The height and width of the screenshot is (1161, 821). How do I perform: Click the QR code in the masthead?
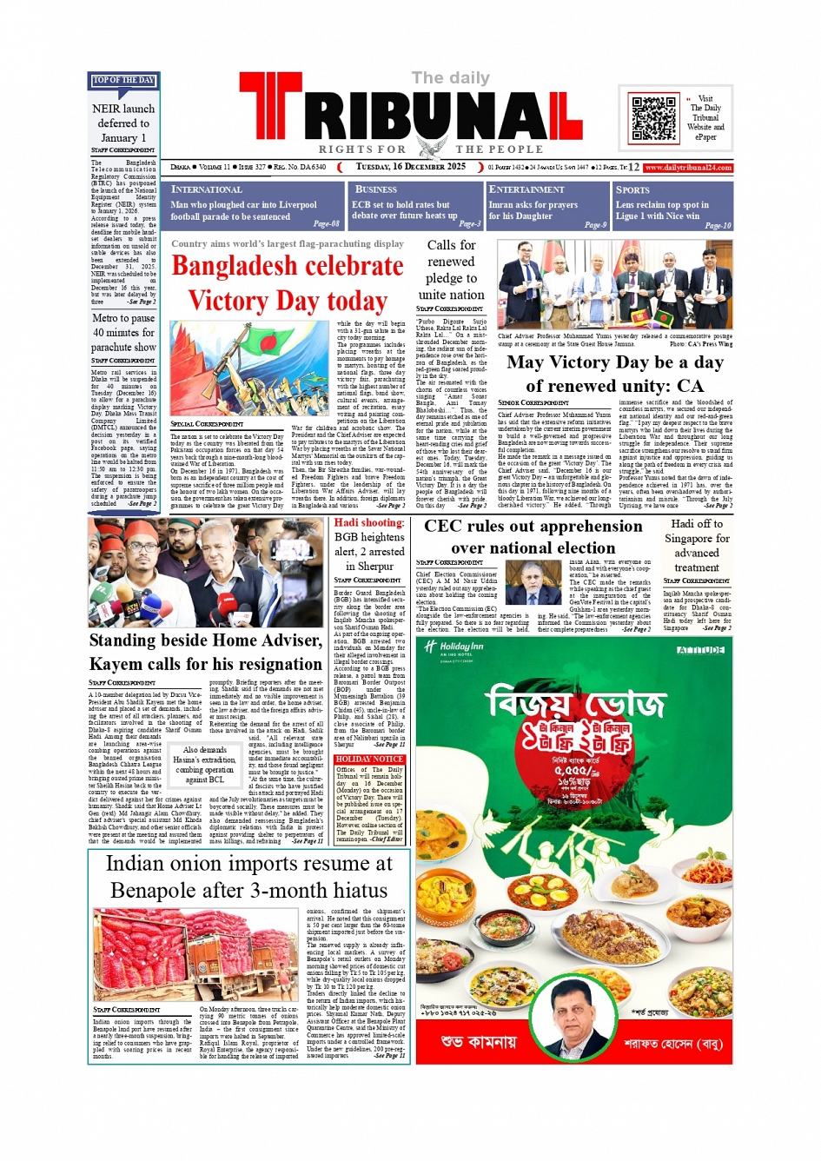[x=653, y=119]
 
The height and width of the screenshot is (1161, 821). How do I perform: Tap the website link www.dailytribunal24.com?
[x=688, y=167]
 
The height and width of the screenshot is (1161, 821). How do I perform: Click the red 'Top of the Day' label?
[x=123, y=81]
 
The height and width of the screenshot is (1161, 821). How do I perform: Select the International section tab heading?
[x=207, y=189]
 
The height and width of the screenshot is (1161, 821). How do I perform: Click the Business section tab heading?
[x=376, y=189]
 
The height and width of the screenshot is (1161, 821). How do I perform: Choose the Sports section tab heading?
[x=632, y=189]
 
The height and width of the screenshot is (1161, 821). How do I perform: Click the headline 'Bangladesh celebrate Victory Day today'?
[x=288, y=283]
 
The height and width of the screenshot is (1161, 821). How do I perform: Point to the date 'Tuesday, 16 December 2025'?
[x=410, y=167]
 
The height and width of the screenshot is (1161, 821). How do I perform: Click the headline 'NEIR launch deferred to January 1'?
[x=123, y=123]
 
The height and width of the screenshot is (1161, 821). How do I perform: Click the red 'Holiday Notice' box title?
[x=369, y=759]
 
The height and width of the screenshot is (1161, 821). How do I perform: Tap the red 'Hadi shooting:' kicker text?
[x=369, y=522]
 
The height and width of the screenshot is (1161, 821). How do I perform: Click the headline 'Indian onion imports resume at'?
[x=248, y=864]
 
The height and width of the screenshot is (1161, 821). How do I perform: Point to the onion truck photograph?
[x=195, y=954]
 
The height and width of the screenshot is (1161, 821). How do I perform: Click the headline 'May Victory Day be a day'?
[x=615, y=362]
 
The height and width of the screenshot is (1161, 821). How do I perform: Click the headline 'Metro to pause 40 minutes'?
[x=123, y=332]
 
